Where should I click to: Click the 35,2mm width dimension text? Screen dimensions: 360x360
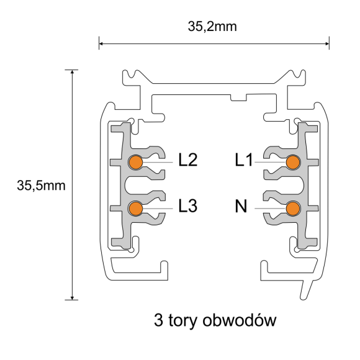(214, 27)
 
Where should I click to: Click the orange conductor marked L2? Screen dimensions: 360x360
(135, 162)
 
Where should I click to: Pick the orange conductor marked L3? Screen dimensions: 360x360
(135, 208)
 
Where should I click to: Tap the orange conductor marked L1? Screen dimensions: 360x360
(293, 162)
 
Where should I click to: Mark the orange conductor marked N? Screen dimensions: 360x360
(293, 208)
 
